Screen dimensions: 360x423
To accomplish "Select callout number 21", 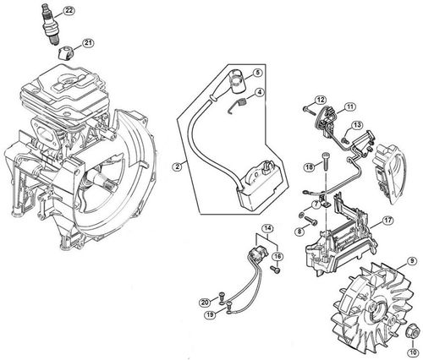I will [x=88, y=42].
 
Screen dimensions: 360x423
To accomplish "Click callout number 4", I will [x=260, y=116].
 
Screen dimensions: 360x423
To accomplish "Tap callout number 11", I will [x=349, y=106].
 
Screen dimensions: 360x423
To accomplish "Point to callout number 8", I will [x=300, y=230].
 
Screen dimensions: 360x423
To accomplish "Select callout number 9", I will [x=411, y=261].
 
